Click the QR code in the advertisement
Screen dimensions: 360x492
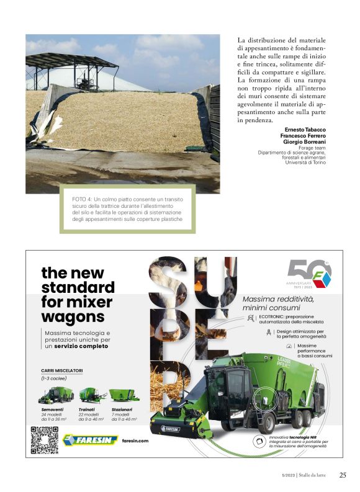[44, 440]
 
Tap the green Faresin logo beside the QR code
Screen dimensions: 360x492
[90, 440]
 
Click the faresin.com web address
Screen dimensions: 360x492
[136, 441]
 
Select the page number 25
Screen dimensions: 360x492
[343, 475]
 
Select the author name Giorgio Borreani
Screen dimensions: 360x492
[308, 141]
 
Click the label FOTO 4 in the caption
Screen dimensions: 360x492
[82, 199]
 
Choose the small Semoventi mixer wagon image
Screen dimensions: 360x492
[56, 395]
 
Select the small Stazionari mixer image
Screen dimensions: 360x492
[124, 395]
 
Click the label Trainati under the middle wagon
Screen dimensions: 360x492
[87, 410]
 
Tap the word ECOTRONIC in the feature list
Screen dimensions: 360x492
[274, 316]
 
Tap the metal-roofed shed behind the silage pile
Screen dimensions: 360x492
[74, 68]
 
